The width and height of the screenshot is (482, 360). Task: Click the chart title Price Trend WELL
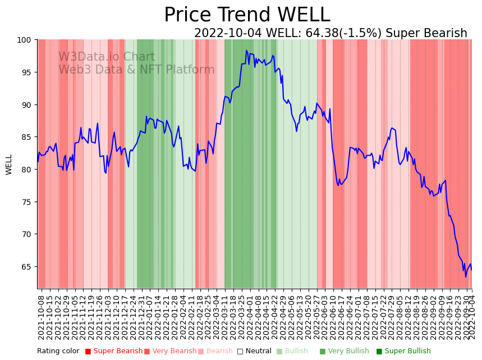[x=247, y=15]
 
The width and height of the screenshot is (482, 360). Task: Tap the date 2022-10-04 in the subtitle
[x=227, y=33]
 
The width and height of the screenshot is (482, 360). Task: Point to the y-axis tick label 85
[x=28, y=137]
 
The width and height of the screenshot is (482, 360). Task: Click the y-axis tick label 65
[x=28, y=267]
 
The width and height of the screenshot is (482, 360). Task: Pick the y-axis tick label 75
[x=28, y=202]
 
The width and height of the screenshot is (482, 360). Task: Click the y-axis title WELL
[x=9, y=164]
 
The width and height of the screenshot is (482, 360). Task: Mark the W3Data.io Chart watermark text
[x=107, y=57]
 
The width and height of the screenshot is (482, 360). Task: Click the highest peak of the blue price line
[x=246, y=51]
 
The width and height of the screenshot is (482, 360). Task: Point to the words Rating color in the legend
[x=58, y=351]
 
